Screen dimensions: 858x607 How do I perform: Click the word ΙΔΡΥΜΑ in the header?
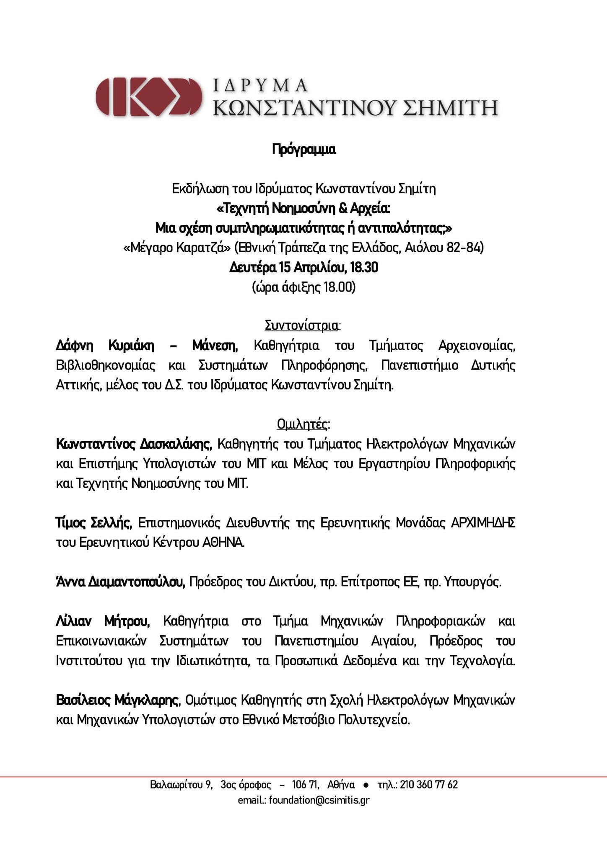pyautogui.click(x=260, y=85)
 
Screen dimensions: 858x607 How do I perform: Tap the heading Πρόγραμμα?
pyautogui.click(x=304, y=150)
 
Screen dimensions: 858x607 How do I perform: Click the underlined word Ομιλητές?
pyautogui.click(x=303, y=424)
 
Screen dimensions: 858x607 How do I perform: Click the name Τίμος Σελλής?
pyautogui.click(x=94, y=523)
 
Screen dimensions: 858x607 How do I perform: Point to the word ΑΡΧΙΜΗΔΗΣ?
pyautogui.click(x=483, y=523)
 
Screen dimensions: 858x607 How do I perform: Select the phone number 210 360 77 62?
pyautogui.click(x=429, y=785)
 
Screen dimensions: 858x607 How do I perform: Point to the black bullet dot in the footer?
pyautogui.click(x=366, y=785)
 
